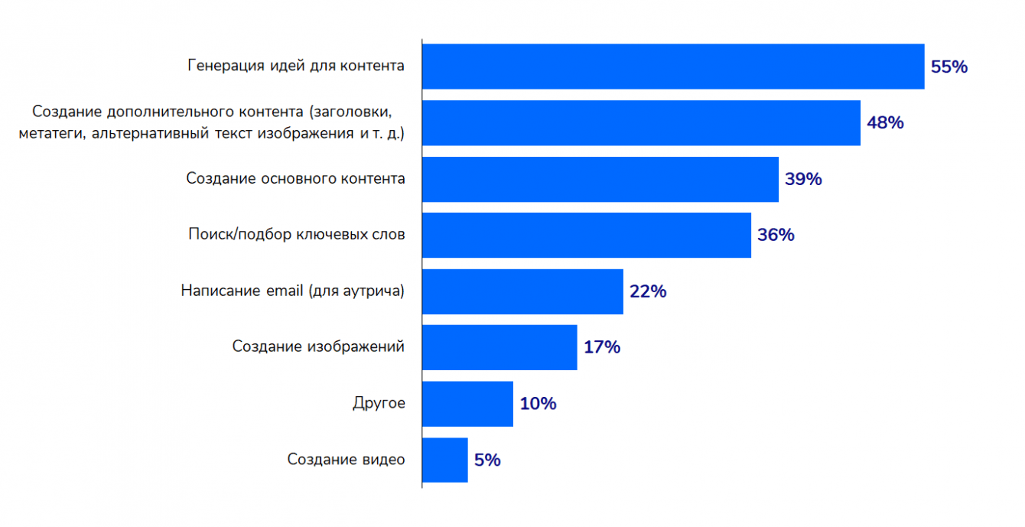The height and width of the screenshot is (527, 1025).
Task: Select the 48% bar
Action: (641, 122)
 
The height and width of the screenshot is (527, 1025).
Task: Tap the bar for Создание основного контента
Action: (600, 179)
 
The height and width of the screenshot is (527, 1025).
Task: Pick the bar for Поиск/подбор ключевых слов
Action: (587, 235)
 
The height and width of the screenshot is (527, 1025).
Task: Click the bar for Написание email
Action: (522, 291)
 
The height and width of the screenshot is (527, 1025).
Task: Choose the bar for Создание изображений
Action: (499, 347)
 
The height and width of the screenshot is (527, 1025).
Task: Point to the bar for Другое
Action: (467, 403)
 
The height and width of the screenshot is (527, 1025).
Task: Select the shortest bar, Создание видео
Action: (444, 460)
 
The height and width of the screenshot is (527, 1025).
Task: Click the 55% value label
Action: (949, 67)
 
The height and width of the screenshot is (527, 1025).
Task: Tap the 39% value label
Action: (803, 179)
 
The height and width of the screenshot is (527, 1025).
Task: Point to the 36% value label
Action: (776, 235)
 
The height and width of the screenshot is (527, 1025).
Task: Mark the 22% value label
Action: (648, 291)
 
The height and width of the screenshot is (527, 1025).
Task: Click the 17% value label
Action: (601, 347)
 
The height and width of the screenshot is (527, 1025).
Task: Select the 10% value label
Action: (538, 403)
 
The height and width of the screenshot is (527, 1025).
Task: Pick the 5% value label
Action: (487, 460)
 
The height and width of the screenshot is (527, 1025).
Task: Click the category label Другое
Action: (379, 403)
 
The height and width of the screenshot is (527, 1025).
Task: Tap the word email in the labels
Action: (285, 291)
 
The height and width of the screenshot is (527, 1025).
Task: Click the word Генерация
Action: (226, 66)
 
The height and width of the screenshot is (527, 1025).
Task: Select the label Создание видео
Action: (346, 460)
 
